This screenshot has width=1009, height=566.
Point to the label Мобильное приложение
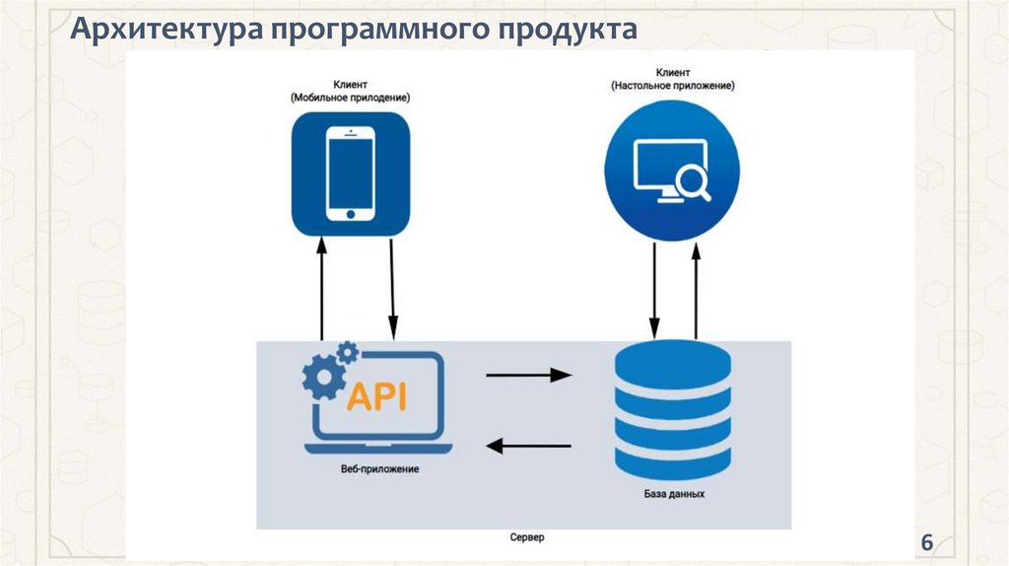[x=350, y=99]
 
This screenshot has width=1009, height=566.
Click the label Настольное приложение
[x=672, y=87]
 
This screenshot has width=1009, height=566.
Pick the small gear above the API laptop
[x=347, y=352]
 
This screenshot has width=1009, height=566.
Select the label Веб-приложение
[x=374, y=469]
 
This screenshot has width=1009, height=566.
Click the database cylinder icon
[x=672, y=410]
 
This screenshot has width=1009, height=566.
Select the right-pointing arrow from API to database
[x=529, y=375]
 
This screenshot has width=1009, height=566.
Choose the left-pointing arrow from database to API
[x=529, y=446]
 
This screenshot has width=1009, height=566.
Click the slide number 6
[x=926, y=543]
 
